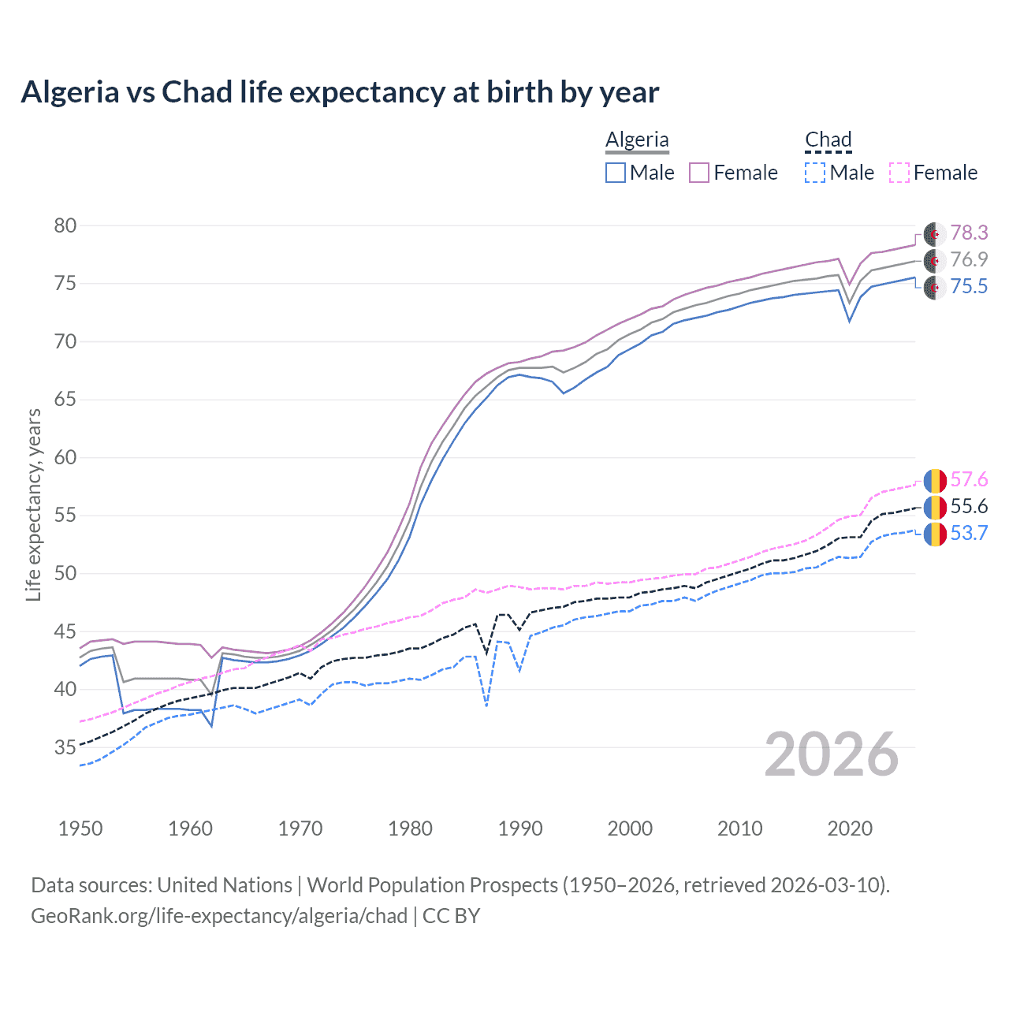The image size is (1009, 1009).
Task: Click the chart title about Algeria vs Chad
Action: (340, 92)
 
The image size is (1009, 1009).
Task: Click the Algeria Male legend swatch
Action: (616, 173)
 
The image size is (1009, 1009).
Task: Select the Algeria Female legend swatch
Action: (700, 173)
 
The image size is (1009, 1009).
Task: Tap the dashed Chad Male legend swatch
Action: (815, 173)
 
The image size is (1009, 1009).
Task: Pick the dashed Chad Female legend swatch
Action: (899, 173)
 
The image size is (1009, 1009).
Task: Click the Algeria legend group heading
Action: (637, 140)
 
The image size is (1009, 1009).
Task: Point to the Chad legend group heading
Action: (828, 140)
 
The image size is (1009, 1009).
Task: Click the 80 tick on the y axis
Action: (65, 226)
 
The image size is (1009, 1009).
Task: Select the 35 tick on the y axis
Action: (65, 747)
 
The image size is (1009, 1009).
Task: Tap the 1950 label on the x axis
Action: (80, 828)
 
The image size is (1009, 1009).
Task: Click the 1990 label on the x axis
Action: (520, 828)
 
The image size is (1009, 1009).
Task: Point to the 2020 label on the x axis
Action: (850, 828)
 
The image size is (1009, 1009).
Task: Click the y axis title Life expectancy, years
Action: (33, 504)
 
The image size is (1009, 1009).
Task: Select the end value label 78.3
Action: (969, 233)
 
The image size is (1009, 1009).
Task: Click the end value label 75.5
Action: (969, 286)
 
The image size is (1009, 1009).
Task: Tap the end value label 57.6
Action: (969, 479)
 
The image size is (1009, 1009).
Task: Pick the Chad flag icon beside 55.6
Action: (935, 507)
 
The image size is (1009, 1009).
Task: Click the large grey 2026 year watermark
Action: (832, 754)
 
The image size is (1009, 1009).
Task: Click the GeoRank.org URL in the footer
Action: (219, 916)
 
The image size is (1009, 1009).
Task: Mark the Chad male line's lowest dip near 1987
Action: (486, 706)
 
